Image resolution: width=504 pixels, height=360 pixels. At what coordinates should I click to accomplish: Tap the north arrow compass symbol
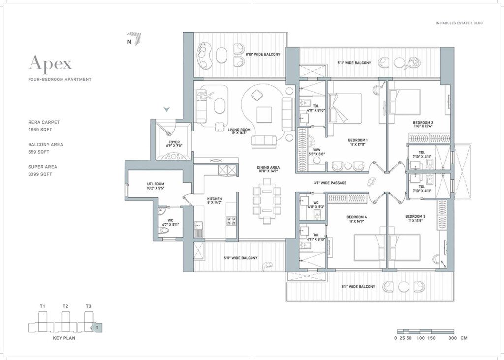(134, 39)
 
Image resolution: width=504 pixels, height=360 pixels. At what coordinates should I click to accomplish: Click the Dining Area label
(268, 169)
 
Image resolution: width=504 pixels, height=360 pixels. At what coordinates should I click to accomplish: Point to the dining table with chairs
(267, 199)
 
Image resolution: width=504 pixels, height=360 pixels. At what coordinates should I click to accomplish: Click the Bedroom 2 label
(423, 125)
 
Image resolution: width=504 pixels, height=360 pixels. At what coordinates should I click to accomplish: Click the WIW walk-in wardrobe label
(310, 152)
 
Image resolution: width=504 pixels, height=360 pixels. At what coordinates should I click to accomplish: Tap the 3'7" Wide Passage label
(330, 183)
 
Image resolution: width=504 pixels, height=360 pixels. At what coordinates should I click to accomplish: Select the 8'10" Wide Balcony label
(263, 54)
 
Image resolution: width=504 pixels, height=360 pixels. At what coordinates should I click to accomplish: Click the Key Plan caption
(64, 339)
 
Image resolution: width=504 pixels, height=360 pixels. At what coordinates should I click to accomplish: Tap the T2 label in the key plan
(65, 306)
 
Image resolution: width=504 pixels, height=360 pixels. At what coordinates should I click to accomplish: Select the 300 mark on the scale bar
(453, 338)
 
